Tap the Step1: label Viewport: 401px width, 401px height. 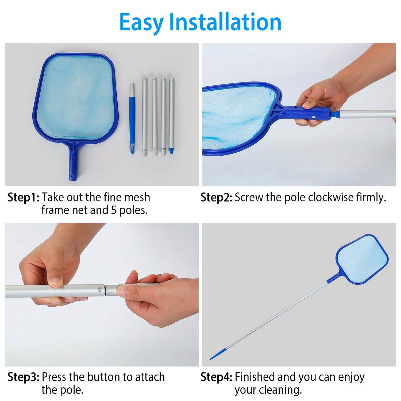[x=24, y=198]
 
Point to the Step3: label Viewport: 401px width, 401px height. [x=24, y=377]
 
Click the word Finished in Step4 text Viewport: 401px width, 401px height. [x=255, y=377]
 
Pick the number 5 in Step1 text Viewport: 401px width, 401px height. [x=114, y=210]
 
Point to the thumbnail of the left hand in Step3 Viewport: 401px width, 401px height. [x=56, y=281]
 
